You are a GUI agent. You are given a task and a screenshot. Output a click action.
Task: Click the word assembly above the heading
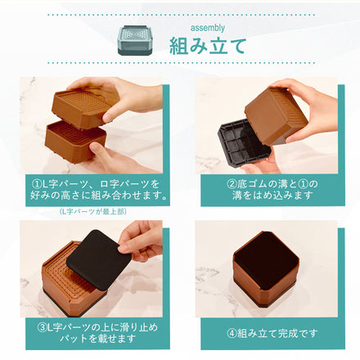(x=207, y=26)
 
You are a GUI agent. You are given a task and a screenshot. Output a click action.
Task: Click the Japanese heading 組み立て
(x=207, y=45)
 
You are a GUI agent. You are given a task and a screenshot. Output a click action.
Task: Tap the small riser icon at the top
(x=137, y=38)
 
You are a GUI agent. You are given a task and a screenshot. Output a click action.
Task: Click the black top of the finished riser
(x=266, y=256)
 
